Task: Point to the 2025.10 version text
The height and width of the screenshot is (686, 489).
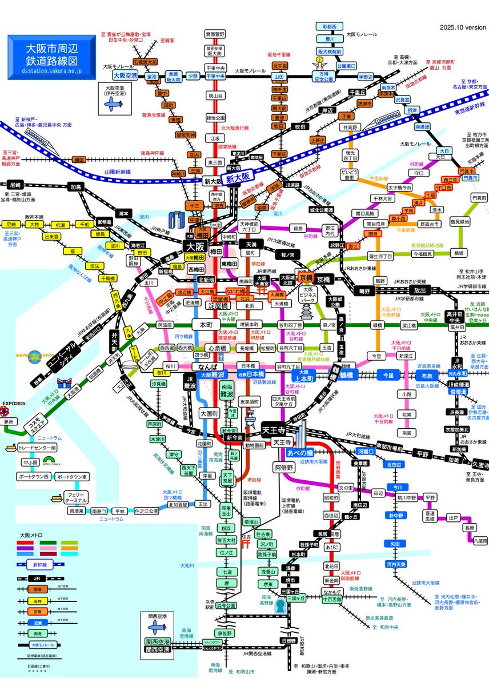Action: [x=463, y=27]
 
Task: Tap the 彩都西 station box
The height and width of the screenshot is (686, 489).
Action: [x=329, y=27]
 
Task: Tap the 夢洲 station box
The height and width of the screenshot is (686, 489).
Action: [x=8, y=422]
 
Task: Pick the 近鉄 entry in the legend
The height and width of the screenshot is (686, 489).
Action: [x=37, y=622]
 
